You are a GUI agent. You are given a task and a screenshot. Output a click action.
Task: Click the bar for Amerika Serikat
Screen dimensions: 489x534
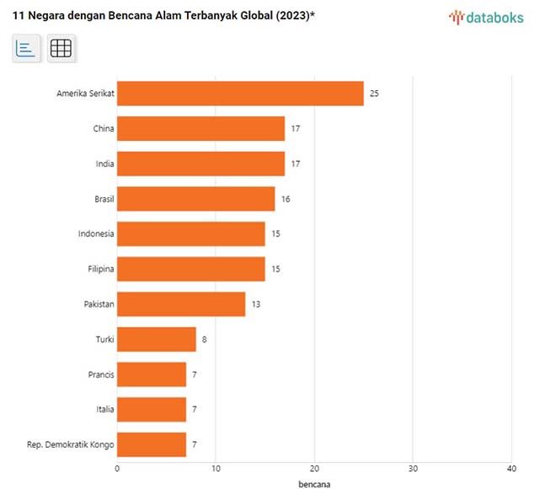pos(240,94)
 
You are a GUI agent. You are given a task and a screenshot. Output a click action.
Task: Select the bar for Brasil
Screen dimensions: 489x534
pos(195,199)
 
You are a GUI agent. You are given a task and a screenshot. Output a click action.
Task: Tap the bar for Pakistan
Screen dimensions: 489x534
pos(181,304)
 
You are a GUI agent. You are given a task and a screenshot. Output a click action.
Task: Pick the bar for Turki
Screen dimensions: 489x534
pos(156,339)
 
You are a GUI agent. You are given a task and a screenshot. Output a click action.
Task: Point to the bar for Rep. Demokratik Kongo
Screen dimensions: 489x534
pos(152,444)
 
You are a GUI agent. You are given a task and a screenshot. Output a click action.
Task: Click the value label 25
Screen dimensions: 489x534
pos(374,94)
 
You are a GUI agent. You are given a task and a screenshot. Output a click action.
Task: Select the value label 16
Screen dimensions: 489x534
pos(286,199)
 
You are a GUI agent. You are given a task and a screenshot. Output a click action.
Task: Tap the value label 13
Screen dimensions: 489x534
pos(256,304)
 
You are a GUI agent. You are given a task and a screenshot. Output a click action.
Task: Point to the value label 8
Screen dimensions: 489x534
pos(203,339)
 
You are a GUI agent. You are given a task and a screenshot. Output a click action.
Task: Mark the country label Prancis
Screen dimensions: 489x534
pos(101,374)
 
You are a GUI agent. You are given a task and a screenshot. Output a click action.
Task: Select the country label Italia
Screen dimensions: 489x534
pos(104,409)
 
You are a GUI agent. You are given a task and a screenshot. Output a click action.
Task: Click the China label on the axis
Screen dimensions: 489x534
pos(104,129)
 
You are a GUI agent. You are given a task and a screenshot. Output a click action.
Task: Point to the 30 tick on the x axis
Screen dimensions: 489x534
pos(413,468)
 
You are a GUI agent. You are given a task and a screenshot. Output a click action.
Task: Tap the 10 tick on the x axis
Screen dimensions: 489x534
pos(216,468)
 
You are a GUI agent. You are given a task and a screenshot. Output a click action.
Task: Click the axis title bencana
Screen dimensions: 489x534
pos(314,484)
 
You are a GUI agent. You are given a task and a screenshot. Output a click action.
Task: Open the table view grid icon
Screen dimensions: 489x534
pos(61,49)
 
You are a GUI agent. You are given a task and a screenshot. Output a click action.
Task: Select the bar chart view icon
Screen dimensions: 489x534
pos(26,49)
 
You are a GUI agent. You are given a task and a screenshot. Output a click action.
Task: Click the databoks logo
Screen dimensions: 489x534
pos(487,16)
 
